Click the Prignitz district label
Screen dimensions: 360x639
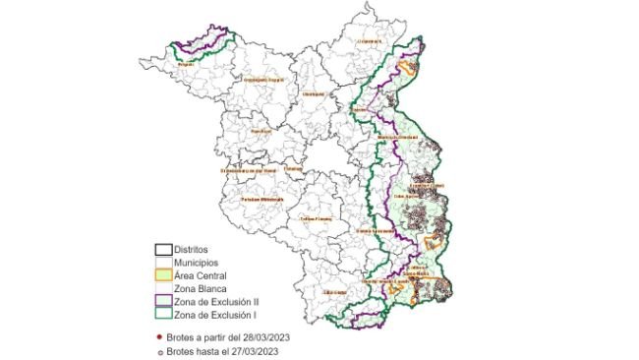[184, 64]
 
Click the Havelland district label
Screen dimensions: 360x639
[261, 131]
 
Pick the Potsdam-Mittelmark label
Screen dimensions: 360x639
[261, 199]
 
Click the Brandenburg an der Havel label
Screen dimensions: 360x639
[245, 169]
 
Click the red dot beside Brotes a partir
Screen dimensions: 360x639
[158, 336]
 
